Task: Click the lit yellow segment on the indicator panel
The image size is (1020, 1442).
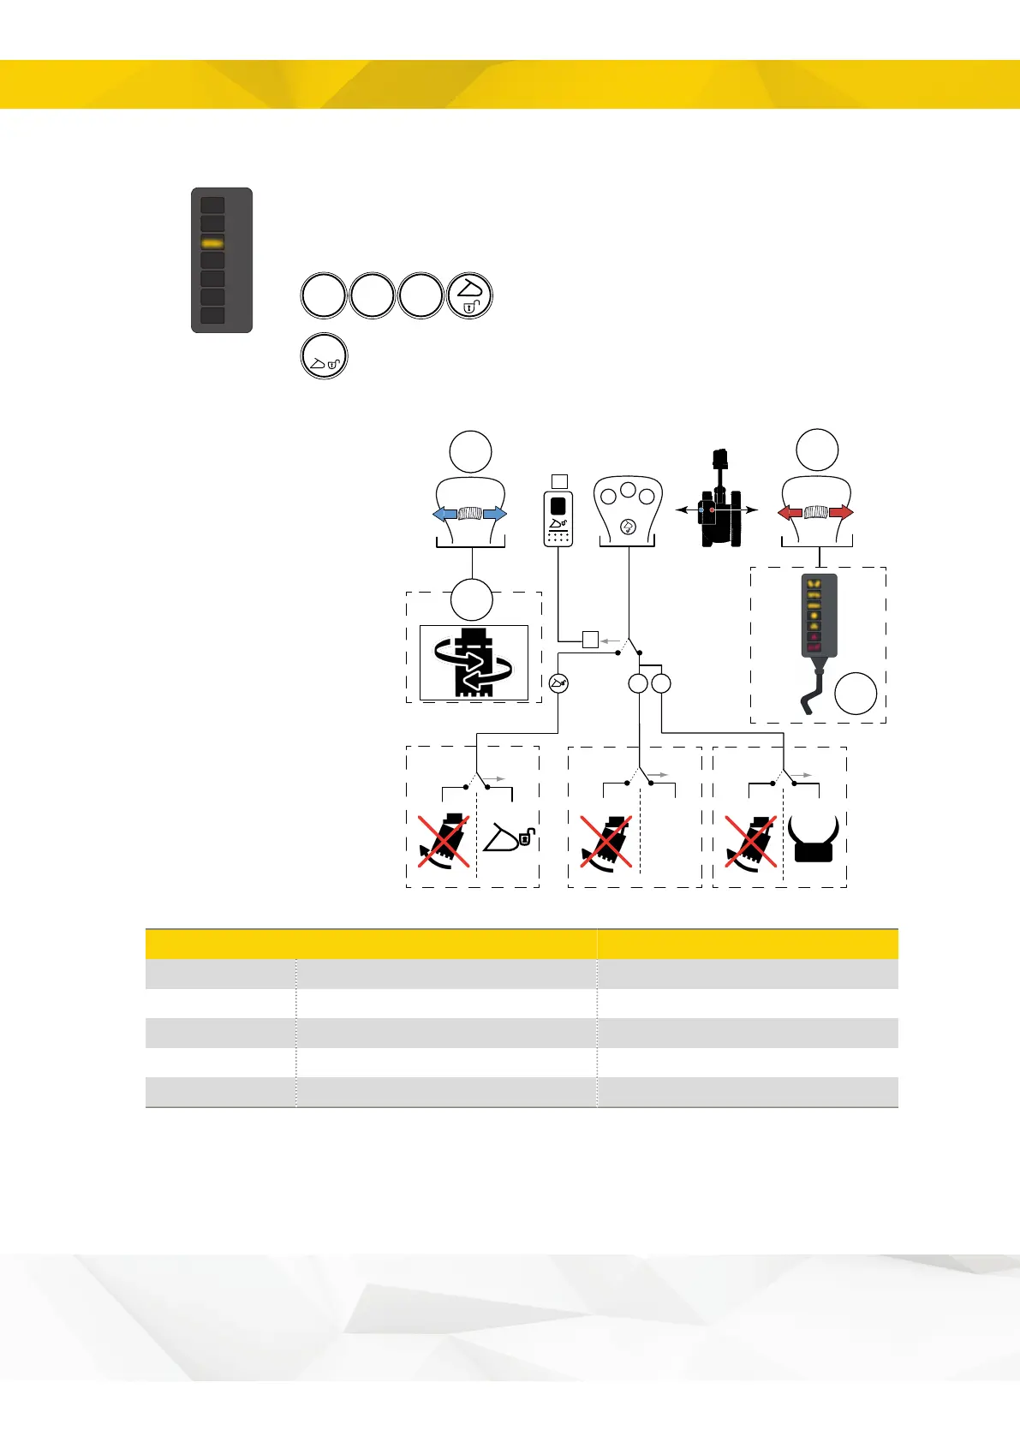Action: [x=212, y=244]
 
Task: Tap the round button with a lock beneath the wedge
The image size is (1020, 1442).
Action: [x=470, y=296]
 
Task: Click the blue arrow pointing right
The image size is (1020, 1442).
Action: [x=494, y=514]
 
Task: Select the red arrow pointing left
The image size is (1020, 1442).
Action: [x=790, y=513]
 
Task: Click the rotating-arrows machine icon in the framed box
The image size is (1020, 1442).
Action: [x=474, y=662]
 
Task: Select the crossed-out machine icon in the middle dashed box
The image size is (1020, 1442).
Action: [x=605, y=839]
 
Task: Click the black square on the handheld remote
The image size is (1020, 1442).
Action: [x=558, y=505]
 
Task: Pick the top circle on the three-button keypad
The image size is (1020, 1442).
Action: [x=628, y=491]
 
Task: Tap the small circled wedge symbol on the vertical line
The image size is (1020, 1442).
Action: [x=558, y=683]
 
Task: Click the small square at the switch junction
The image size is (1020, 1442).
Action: [x=590, y=639]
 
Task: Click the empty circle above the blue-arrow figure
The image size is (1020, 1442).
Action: [x=471, y=452]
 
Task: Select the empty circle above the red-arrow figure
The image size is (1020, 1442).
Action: [x=817, y=450]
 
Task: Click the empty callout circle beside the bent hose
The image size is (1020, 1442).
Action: [x=856, y=694]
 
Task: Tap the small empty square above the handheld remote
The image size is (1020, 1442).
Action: [x=559, y=480]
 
